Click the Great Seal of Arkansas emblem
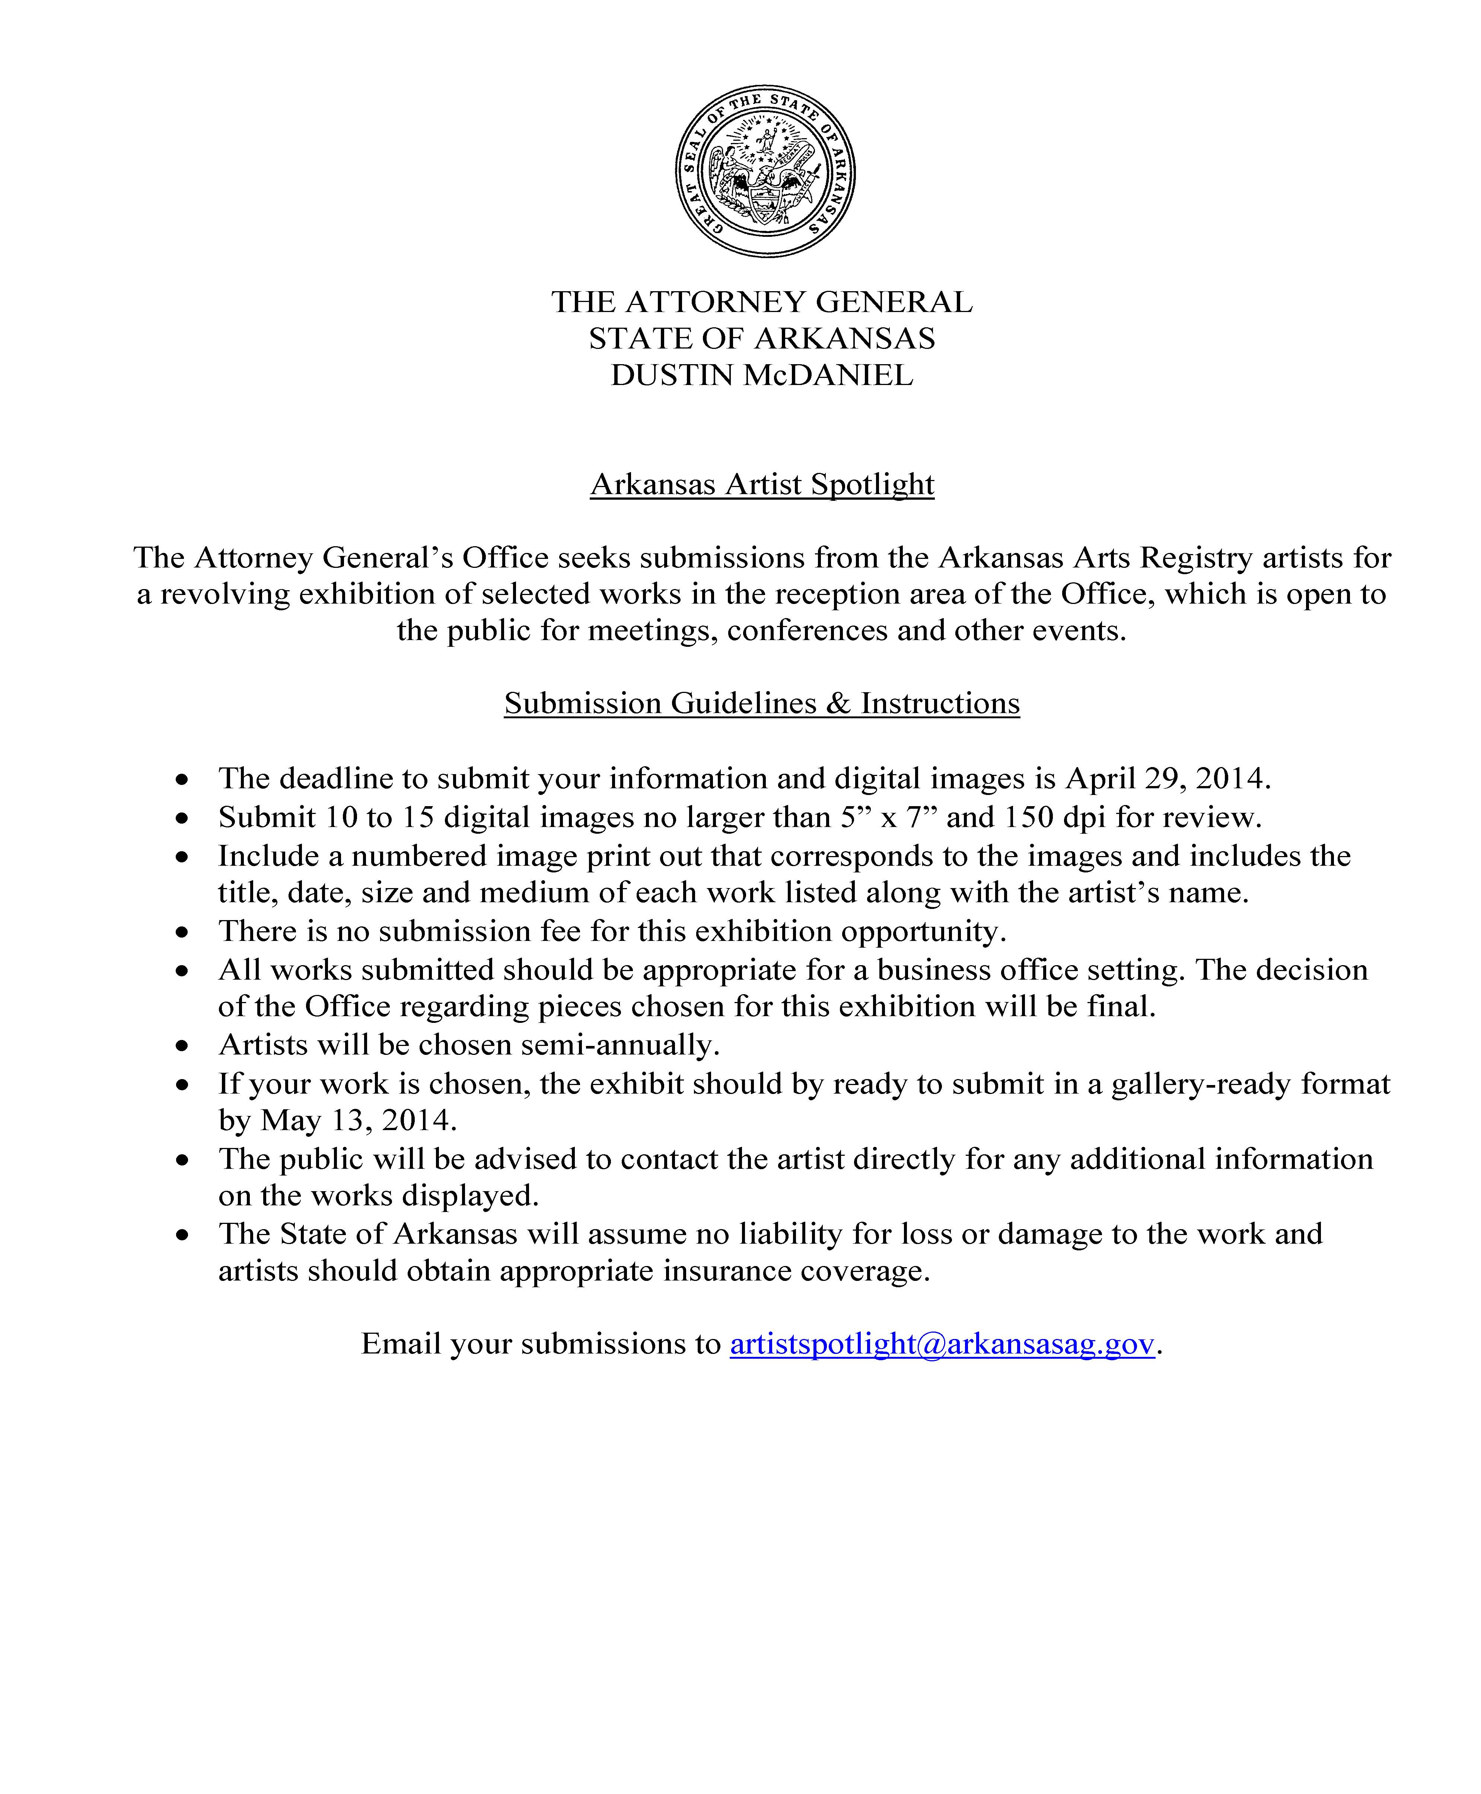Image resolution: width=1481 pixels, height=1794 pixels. tap(765, 171)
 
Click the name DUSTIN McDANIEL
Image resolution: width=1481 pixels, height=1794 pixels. tap(762, 375)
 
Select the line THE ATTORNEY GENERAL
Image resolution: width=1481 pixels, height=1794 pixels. tap(762, 302)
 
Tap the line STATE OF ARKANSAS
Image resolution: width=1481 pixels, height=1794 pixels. tap(762, 339)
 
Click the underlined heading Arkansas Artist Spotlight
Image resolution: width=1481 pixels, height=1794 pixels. tap(762, 484)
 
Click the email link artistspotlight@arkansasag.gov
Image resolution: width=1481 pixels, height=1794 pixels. tap(942, 1343)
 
